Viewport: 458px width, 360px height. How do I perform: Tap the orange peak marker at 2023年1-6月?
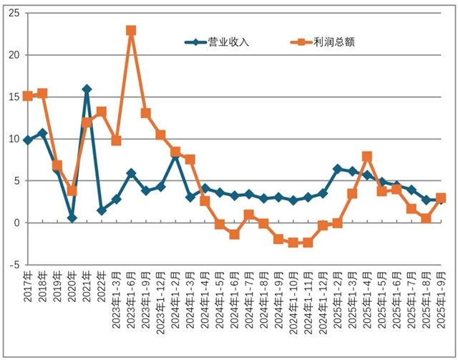pyautogui.click(x=131, y=31)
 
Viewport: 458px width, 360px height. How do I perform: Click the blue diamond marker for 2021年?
pyautogui.click(x=87, y=89)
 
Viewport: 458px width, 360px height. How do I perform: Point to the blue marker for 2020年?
pyautogui.click(x=72, y=218)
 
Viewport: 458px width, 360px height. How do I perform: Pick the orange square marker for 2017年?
pyautogui.click(x=27, y=96)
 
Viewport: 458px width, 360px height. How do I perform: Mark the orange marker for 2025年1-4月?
pyautogui.click(x=367, y=156)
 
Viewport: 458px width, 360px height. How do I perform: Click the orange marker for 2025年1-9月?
pyautogui.click(x=441, y=198)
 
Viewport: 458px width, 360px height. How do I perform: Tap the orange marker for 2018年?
pyautogui.click(x=42, y=93)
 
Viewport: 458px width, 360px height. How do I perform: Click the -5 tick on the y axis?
pyautogui.click(x=14, y=264)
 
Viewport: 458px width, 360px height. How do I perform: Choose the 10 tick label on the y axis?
pyautogui.click(x=14, y=139)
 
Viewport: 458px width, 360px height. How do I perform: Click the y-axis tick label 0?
pyautogui.click(x=16, y=223)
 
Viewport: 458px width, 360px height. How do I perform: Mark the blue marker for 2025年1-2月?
pyautogui.click(x=338, y=169)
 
